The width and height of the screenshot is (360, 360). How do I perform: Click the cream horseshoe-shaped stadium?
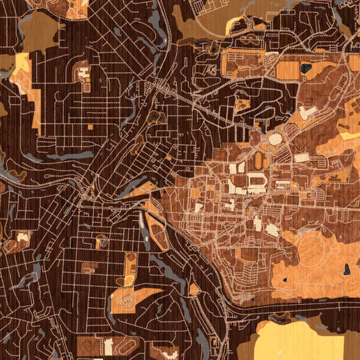coord(256,181)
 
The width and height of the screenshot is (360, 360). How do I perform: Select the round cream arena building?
coord(275,139)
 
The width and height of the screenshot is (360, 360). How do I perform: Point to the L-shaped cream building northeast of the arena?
coord(308,112)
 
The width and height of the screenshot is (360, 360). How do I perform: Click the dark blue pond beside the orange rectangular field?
coord(306,68)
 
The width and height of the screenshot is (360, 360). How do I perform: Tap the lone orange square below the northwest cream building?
coord(90,127)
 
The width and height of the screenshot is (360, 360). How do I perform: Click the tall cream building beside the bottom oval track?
coord(109,346)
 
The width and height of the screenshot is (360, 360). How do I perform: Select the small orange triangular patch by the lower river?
coord(194,289)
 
